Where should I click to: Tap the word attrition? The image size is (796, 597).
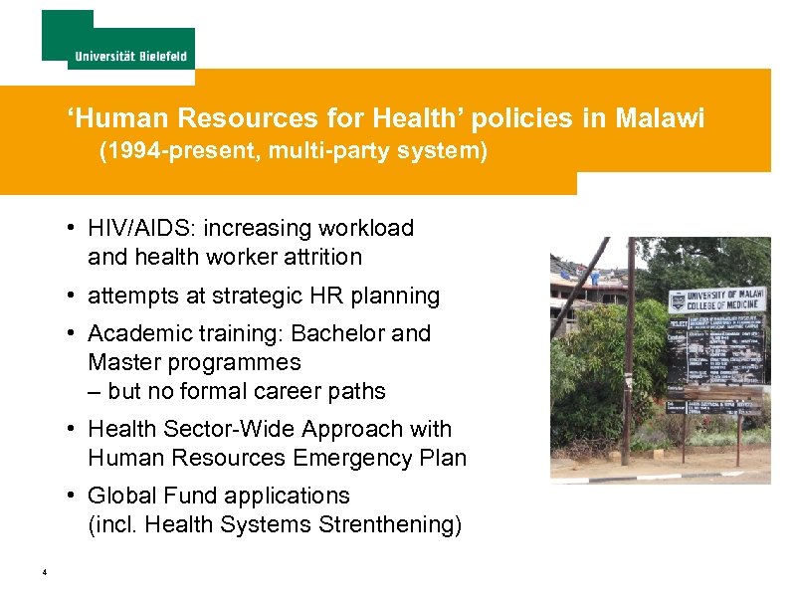[323, 257]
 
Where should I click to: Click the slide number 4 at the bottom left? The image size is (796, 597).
[46, 572]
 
